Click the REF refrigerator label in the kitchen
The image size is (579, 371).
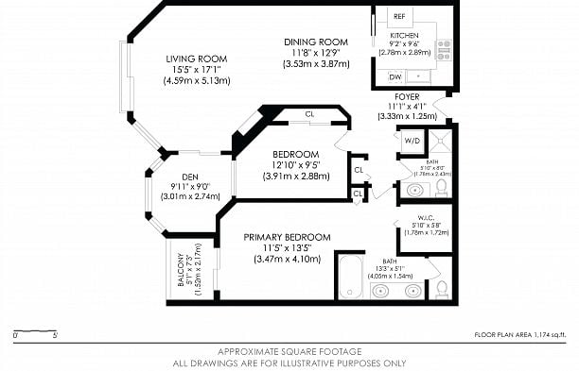tap(399, 17)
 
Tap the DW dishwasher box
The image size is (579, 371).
tap(395, 76)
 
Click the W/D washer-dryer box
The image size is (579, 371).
tap(412, 141)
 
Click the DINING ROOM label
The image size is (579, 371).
tap(316, 42)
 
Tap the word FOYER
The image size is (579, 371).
tap(408, 96)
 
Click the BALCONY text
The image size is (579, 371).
tap(178, 274)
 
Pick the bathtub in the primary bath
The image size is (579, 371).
tap(349, 276)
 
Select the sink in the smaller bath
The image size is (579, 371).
tap(413, 190)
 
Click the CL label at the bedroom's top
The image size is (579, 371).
tap(309, 114)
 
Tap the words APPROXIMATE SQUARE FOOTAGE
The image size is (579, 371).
tap(289, 351)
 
